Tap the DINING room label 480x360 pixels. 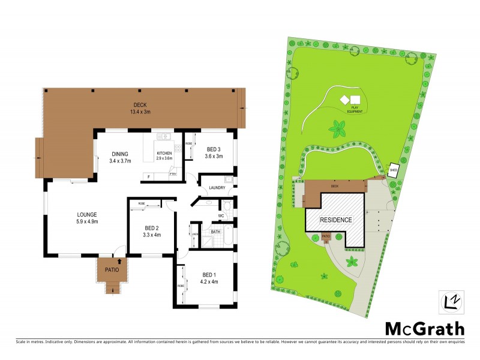click(x=120, y=157)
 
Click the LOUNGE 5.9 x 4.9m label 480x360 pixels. click(x=86, y=217)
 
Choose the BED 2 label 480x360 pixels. click(x=152, y=231)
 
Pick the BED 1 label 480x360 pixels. click(x=209, y=280)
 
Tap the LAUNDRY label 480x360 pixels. click(x=217, y=188)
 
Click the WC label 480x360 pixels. click(x=221, y=215)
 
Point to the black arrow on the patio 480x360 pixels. click(x=120, y=261)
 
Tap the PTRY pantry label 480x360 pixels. click(x=173, y=175)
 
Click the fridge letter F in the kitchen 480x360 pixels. click(x=148, y=176)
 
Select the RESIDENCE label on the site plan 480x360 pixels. click(x=335, y=220)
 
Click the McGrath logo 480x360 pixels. click(x=424, y=328)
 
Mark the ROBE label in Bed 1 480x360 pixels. click(x=179, y=286)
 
